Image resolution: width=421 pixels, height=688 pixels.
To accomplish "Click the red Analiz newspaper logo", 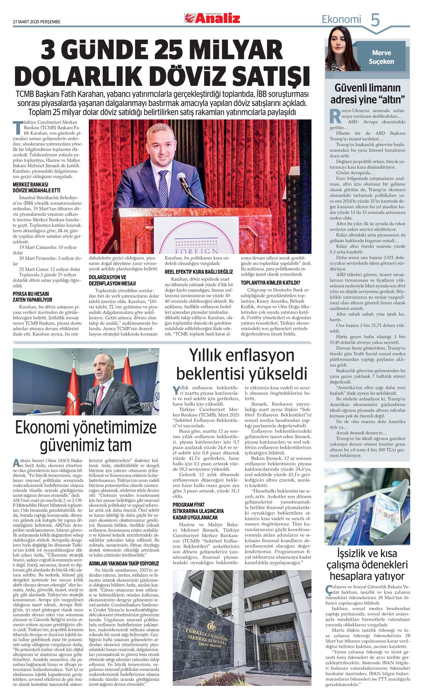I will point(212,18).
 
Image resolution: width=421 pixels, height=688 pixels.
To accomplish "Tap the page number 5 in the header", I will point(375,20).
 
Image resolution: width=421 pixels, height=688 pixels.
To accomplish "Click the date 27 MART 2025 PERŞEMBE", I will point(37,22).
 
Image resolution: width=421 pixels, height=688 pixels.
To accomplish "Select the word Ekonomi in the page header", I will point(341,20).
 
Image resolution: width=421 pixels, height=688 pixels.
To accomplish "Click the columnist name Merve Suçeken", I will point(381,57).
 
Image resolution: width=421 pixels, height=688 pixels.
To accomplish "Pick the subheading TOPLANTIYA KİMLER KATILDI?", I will point(270,283).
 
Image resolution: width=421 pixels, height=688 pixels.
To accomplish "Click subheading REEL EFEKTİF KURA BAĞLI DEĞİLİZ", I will point(199,272).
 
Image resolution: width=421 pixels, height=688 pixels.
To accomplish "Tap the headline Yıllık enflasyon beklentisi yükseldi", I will point(241,364).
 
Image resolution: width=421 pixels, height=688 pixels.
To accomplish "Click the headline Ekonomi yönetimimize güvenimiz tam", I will point(86,436).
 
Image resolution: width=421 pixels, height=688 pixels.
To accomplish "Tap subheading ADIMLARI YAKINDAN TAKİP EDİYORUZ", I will point(124,563).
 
